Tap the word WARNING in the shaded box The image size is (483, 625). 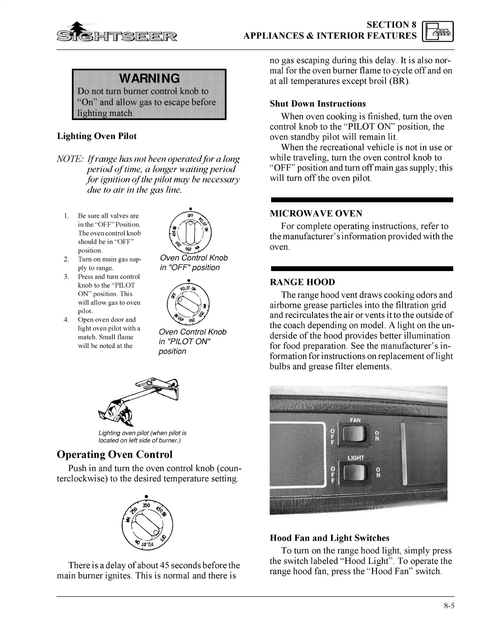click(149, 78)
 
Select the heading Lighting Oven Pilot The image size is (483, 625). click(97, 136)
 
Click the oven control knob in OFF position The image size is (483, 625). click(190, 231)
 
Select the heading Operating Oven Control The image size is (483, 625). click(115, 454)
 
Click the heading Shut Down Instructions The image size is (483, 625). click(318, 104)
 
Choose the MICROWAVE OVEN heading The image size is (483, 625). click(316, 214)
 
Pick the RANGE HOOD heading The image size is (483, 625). click(302, 282)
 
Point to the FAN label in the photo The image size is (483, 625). click(355, 420)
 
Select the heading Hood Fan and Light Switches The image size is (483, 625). click(329, 538)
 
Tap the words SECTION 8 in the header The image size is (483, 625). click(391, 25)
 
